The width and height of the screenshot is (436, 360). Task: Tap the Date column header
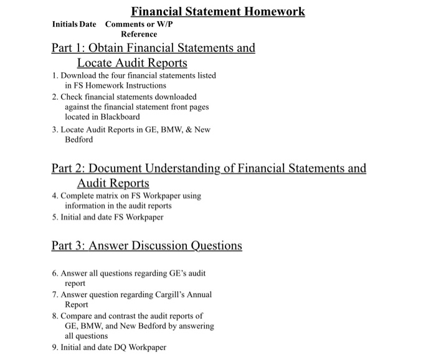tap(88, 24)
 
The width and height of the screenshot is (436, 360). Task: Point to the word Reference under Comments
tap(139, 34)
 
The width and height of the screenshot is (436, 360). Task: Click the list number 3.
tap(55, 129)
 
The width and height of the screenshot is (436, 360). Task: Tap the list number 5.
tap(55, 217)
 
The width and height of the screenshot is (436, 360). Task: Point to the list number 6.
tap(55, 273)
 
